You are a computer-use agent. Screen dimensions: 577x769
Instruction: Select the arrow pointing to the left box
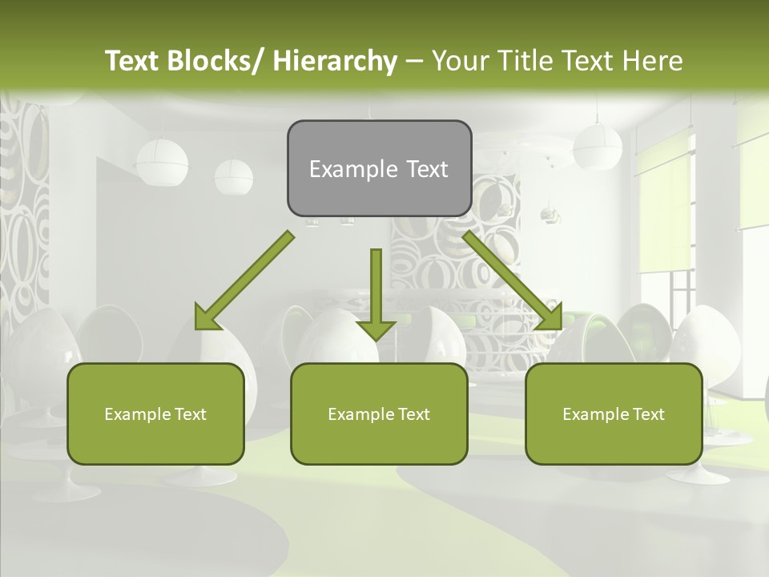(244, 280)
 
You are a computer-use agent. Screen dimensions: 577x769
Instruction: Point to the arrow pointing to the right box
(513, 280)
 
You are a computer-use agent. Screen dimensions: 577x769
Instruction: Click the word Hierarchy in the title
(335, 61)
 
